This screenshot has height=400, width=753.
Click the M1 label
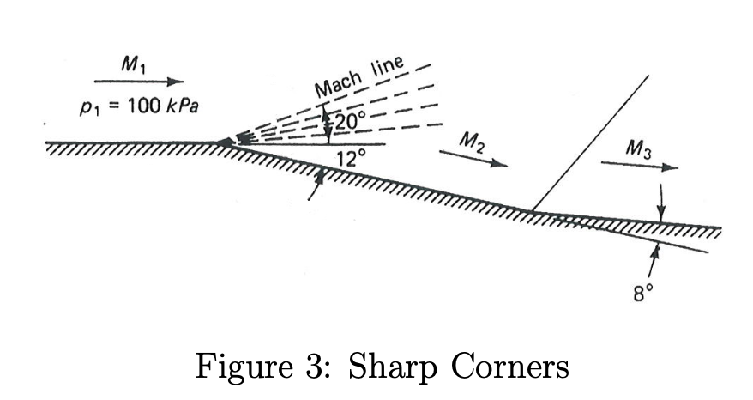click(133, 63)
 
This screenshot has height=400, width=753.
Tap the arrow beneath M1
click(139, 82)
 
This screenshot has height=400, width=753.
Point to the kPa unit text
click(182, 106)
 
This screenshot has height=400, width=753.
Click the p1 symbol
click(87, 107)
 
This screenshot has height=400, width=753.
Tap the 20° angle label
click(350, 122)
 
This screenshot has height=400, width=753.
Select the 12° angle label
click(351, 158)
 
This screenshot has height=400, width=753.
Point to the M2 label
click(471, 142)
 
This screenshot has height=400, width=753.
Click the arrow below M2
click(473, 159)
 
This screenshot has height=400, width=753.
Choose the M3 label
click(639, 148)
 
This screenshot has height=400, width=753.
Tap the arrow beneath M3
click(639, 166)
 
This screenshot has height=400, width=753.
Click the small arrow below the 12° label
click(316, 185)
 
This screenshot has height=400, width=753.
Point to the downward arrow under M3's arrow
click(661, 203)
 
